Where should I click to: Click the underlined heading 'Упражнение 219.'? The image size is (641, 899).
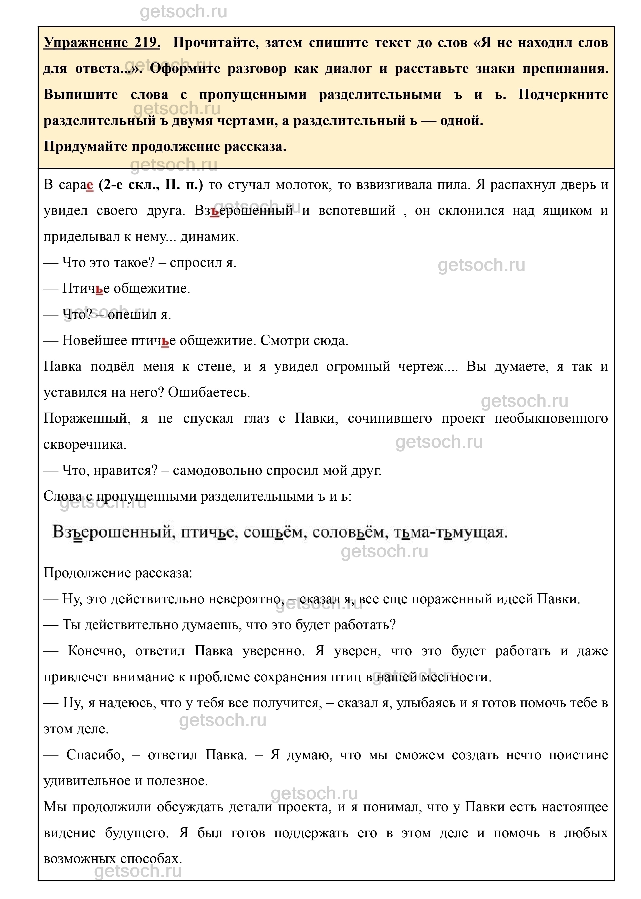[102, 43]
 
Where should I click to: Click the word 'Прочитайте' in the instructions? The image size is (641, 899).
[215, 43]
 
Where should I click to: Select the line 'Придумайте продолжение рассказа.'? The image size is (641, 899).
[165, 146]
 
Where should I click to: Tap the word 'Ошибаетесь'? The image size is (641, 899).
[209, 392]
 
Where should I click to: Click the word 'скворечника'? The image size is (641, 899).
[85, 445]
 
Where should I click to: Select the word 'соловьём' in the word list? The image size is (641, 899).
[347, 532]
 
